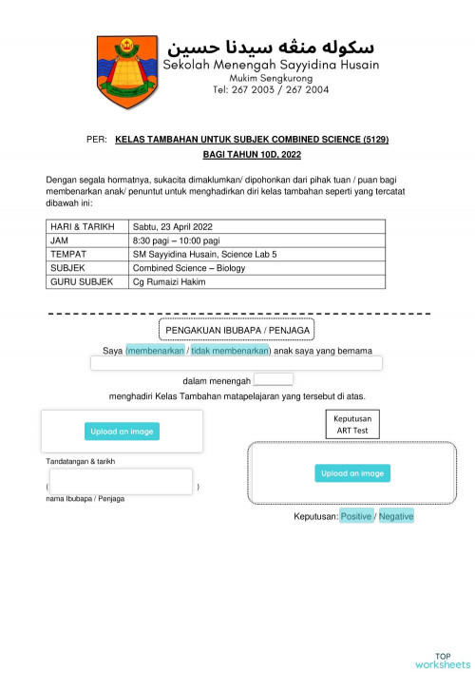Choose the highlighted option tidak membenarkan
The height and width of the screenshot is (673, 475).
pos(230,351)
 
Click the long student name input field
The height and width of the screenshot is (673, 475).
pos(236,363)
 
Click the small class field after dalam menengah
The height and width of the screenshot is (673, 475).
pos(273,379)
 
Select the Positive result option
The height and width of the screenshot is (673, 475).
pos(356,516)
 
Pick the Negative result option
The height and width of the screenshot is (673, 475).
pos(396,516)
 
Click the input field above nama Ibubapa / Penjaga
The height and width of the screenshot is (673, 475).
pos(121,481)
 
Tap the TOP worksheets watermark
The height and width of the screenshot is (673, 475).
pos(443,660)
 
